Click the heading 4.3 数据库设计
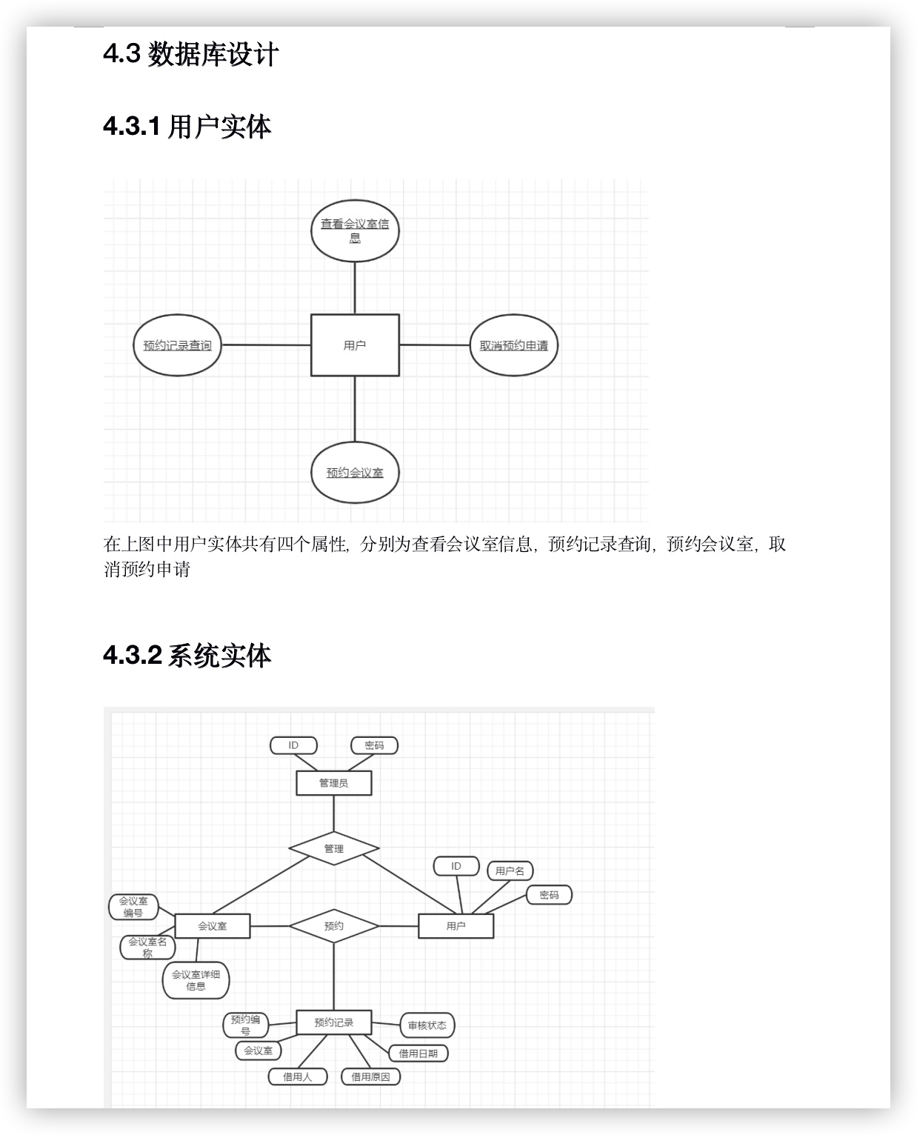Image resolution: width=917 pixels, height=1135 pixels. pyautogui.click(x=191, y=54)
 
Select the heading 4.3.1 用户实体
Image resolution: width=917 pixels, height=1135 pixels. pyautogui.click(x=187, y=127)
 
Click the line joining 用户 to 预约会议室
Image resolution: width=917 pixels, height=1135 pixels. pyautogui.click(x=355, y=409)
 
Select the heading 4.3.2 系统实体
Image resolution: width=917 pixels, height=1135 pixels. pyautogui.click(x=187, y=656)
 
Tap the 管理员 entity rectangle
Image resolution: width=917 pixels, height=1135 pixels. pyautogui.click(x=333, y=783)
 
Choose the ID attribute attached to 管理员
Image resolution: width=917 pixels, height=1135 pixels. pyautogui.click(x=293, y=745)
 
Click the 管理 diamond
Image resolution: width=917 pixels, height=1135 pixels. pyautogui.click(x=334, y=848)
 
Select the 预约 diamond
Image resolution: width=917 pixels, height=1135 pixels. pyautogui.click(x=334, y=925)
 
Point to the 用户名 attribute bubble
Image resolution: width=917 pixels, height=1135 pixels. pyautogui.click(x=510, y=871)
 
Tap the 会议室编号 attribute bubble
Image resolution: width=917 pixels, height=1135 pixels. pyautogui.click(x=134, y=907)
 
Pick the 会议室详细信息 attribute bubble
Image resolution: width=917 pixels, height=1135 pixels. pyautogui.click(x=196, y=980)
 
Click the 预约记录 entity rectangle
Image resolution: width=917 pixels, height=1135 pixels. pyautogui.click(x=333, y=1022)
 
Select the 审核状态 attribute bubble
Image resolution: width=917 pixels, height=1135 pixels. pyautogui.click(x=427, y=1025)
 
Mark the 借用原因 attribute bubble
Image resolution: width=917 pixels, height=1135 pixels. pyautogui.click(x=370, y=1077)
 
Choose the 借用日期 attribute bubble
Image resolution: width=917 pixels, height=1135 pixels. pyautogui.click(x=419, y=1054)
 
